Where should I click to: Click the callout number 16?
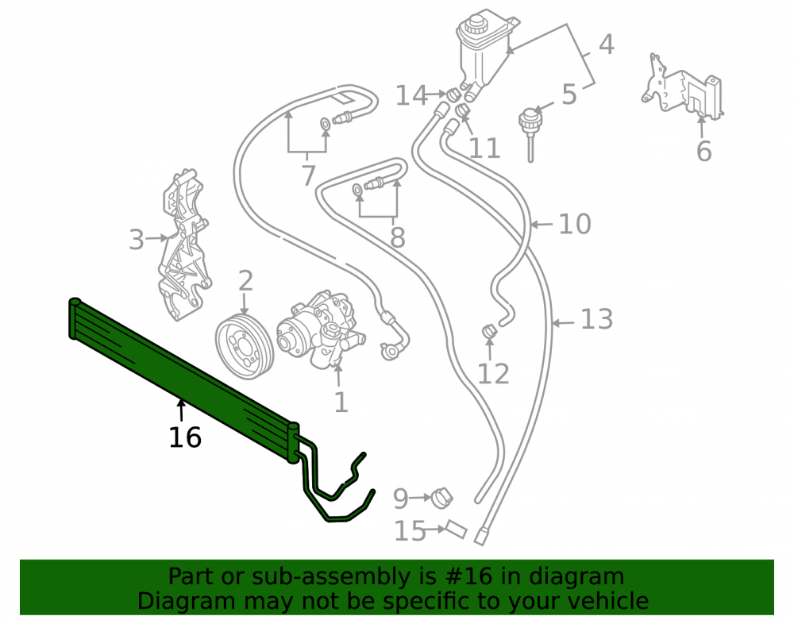[185, 437]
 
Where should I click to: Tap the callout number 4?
[607, 44]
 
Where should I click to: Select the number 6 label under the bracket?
[703, 151]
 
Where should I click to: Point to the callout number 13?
[596, 319]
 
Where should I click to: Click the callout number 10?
[575, 224]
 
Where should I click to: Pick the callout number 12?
[493, 374]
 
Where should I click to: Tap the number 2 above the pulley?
[245, 280]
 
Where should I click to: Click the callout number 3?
[137, 240]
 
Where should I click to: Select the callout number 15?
[410, 531]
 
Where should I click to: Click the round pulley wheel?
[245, 346]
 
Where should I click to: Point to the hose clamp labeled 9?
[441, 499]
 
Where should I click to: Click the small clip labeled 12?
[489, 332]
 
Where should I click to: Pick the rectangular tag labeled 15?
[457, 530]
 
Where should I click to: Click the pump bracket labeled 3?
[184, 245]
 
